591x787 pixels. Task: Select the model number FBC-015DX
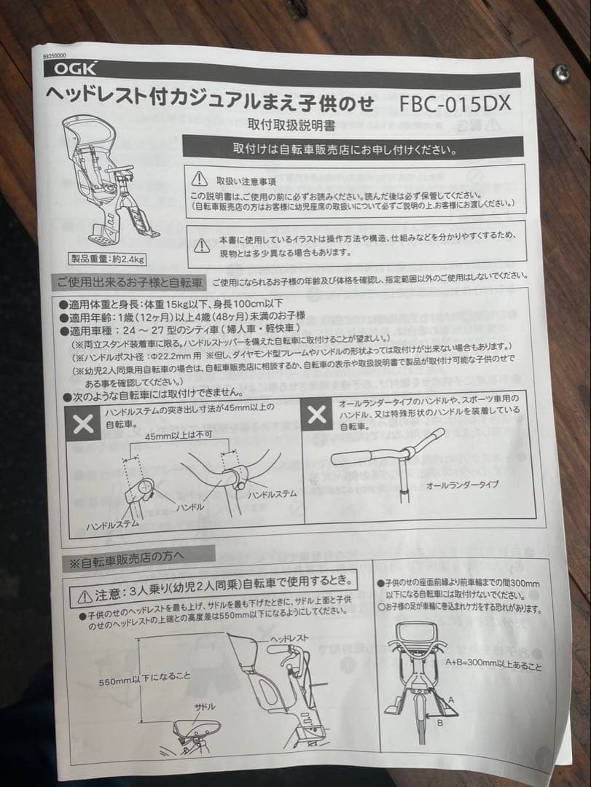[x=455, y=103]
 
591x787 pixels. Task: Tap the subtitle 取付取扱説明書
[x=291, y=125]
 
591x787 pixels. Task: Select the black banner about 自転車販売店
[x=345, y=150]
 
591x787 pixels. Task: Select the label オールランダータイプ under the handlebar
[x=462, y=485]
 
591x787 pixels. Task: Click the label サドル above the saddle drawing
[x=204, y=708]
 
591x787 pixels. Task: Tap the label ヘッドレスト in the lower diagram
[x=289, y=638]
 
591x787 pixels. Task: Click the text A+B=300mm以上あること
[x=493, y=665]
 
